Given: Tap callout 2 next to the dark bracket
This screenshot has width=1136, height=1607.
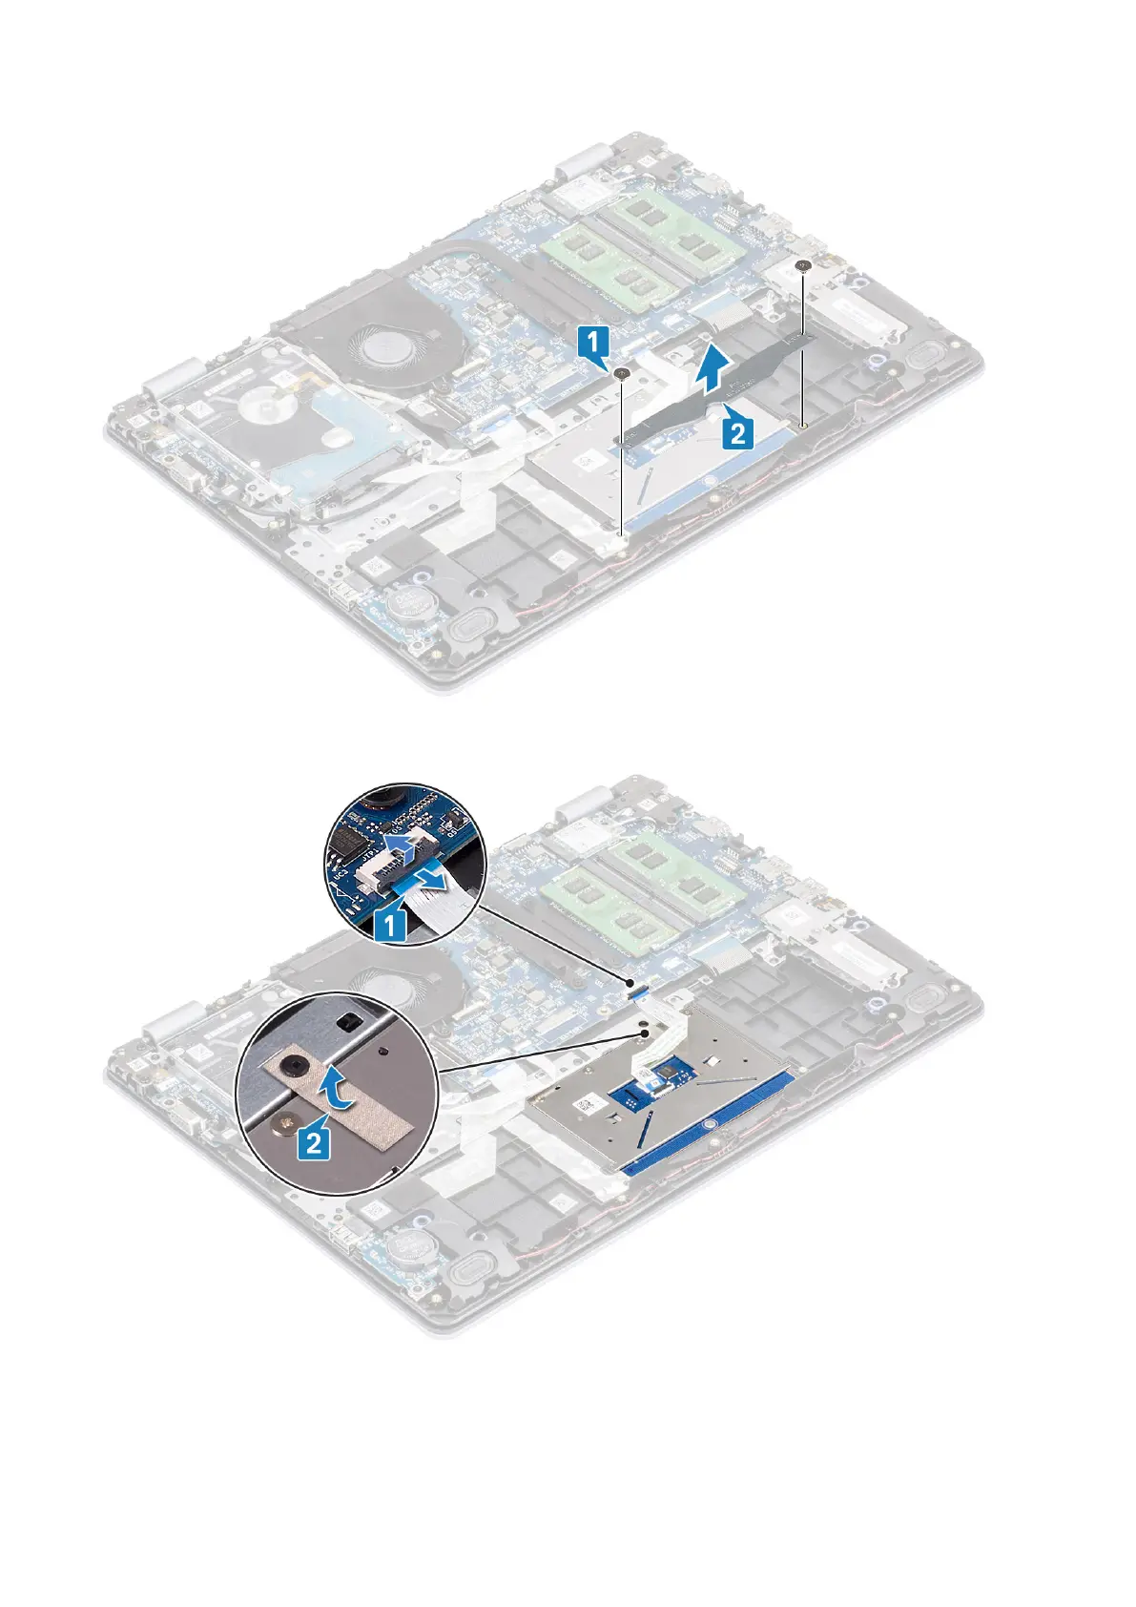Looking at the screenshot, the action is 735,434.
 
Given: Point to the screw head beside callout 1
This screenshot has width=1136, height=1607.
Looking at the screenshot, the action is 622,373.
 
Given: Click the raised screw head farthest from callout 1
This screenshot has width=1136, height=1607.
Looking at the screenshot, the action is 804,264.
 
